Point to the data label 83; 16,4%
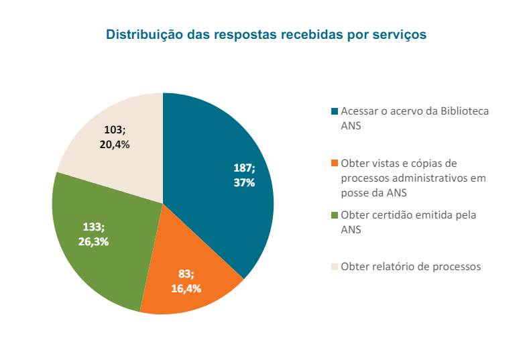pyautogui.click(x=186, y=282)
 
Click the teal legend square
pyautogui.click(x=335, y=111)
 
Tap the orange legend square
pyautogui.click(x=335, y=164)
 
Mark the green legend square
pyautogui.click(x=335, y=216)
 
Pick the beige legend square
pyautogui.click(x=335, y=267)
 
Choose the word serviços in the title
pyautogui.click(x=401, y=35)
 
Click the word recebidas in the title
pyautogui.click(x=309, y=35)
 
